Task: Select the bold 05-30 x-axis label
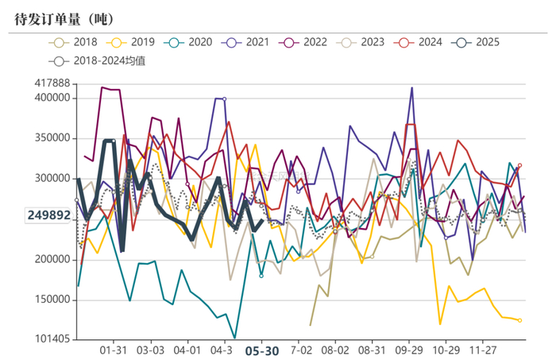click(261, 350)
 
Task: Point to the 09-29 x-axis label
click(407, 350)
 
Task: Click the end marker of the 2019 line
click(519, 320)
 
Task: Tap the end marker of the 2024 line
click(519, 165)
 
